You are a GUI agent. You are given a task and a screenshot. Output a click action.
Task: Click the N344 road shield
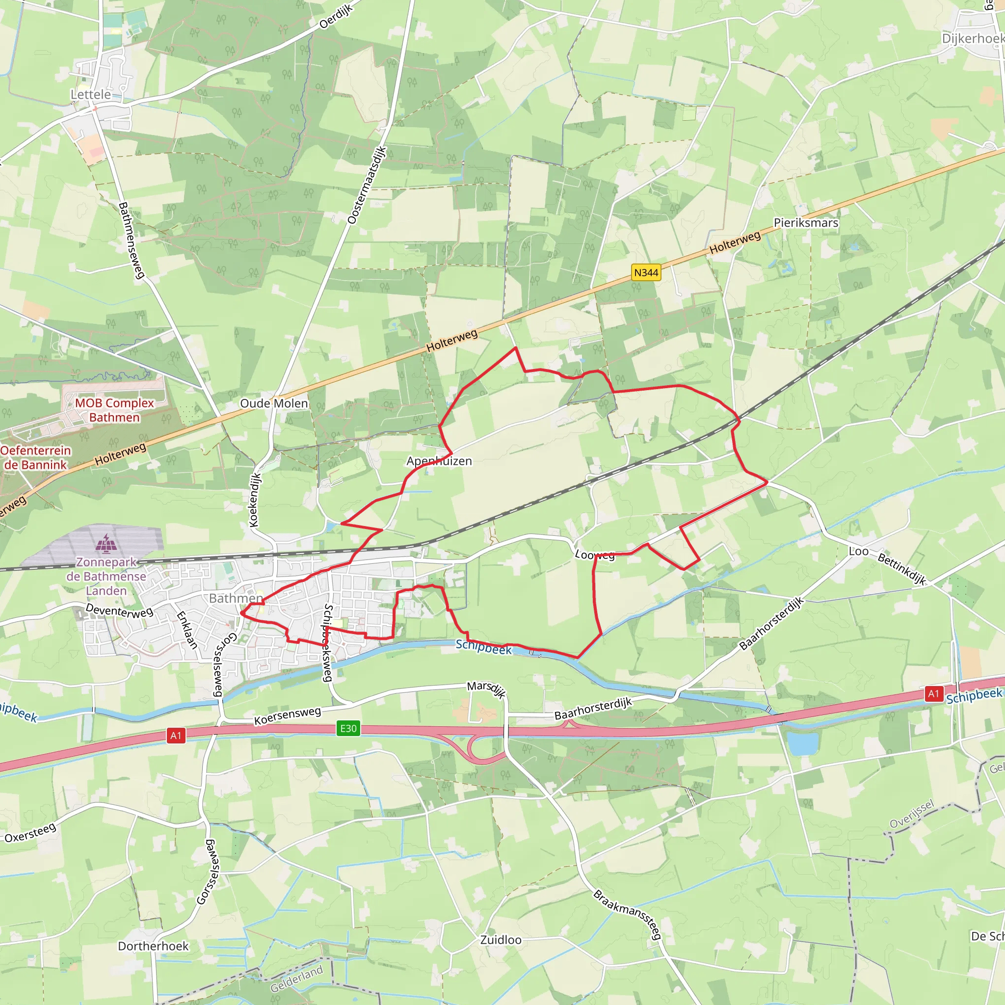646,272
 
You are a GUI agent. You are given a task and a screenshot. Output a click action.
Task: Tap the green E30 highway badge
348,728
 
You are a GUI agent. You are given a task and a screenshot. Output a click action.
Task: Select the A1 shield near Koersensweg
176,735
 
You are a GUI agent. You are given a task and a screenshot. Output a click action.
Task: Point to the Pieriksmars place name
806,223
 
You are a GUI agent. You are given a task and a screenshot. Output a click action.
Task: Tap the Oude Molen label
274,403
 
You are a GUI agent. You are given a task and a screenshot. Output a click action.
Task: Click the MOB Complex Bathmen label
114,410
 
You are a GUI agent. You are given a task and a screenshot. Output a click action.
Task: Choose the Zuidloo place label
501,939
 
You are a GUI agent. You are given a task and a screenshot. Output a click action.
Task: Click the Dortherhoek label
153,946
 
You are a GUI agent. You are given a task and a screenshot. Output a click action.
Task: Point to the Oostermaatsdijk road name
367,185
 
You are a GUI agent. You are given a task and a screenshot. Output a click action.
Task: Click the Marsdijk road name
486,689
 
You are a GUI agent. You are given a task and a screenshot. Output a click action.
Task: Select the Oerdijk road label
336,16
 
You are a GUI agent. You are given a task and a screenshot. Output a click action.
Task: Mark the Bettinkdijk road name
901,569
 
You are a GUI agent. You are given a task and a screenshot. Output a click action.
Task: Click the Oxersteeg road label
30,832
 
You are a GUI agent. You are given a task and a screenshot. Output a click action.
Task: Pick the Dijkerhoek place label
973,38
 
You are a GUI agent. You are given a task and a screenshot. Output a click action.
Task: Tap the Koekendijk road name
254,500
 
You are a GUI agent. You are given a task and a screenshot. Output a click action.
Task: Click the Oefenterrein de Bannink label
35,457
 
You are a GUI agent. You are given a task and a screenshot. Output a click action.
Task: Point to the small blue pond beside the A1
803,743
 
